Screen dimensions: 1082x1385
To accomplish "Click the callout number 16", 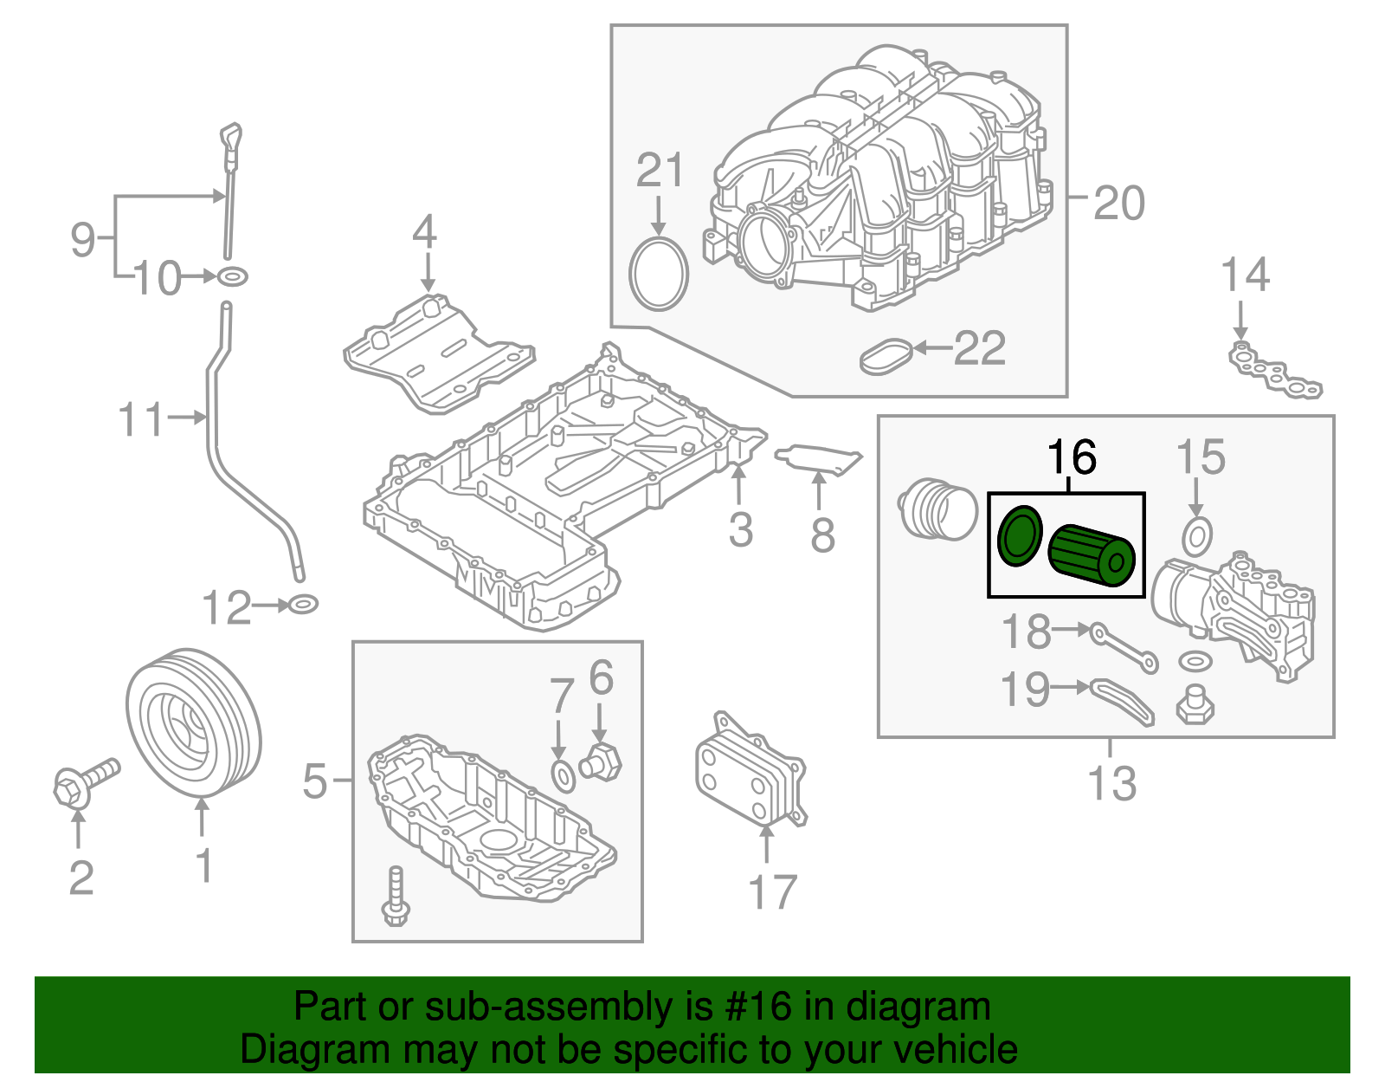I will tap(1072, 457).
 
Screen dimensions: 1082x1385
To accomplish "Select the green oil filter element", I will tap(1091, 555).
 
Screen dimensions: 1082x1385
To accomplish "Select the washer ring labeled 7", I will tap(563, 776).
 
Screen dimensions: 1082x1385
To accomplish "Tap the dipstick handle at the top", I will tap(231, 139).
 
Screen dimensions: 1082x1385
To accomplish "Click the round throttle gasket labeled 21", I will tap(659, 275).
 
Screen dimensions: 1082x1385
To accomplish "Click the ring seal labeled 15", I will tap(1195, 537).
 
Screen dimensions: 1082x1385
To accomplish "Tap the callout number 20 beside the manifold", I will tap(1118, 204).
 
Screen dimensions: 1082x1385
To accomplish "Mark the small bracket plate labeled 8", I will tap(818, 459).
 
